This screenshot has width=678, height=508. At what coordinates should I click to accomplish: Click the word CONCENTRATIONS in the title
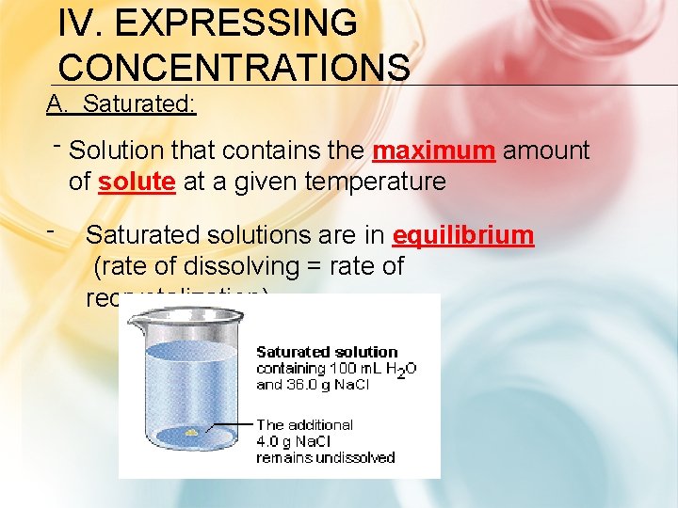[234, 67]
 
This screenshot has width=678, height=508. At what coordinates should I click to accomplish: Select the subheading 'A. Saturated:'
[121, 103]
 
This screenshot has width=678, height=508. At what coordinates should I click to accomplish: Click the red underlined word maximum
[434, 151]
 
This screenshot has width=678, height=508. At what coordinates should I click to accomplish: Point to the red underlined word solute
[136, 182]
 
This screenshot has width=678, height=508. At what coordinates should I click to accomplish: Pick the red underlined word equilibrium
[462, 235]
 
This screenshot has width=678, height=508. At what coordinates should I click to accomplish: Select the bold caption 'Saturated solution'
[327, 353]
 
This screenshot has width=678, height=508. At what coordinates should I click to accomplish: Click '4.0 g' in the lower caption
[277, 441]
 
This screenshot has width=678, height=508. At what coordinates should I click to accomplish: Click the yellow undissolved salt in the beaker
[192, 432]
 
